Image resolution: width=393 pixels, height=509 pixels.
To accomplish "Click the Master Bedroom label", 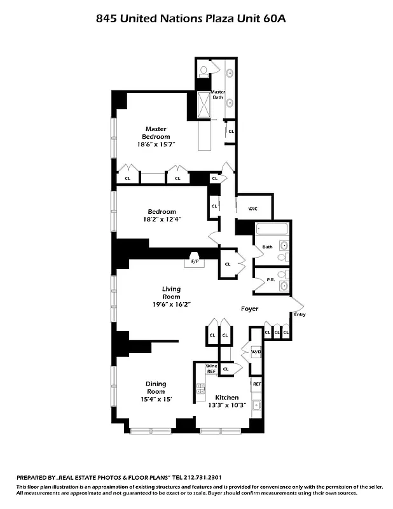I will (156, 132).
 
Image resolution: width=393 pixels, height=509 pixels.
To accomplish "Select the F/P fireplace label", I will (195, 261).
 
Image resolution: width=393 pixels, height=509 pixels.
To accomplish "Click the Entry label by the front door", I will (300, 314).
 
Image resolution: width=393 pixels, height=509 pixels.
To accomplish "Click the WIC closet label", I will (252, 208).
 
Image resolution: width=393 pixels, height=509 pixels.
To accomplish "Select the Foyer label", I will (249, 309).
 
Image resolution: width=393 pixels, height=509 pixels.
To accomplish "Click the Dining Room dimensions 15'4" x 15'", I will (156, 398).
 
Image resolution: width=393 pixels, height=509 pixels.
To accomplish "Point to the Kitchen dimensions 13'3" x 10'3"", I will (226, 406).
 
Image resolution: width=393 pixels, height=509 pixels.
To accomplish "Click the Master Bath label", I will (218, 94).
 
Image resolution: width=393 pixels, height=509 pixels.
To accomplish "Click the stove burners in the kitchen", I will (200, 387).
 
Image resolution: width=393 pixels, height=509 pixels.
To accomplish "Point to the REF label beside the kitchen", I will (257, 384).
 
